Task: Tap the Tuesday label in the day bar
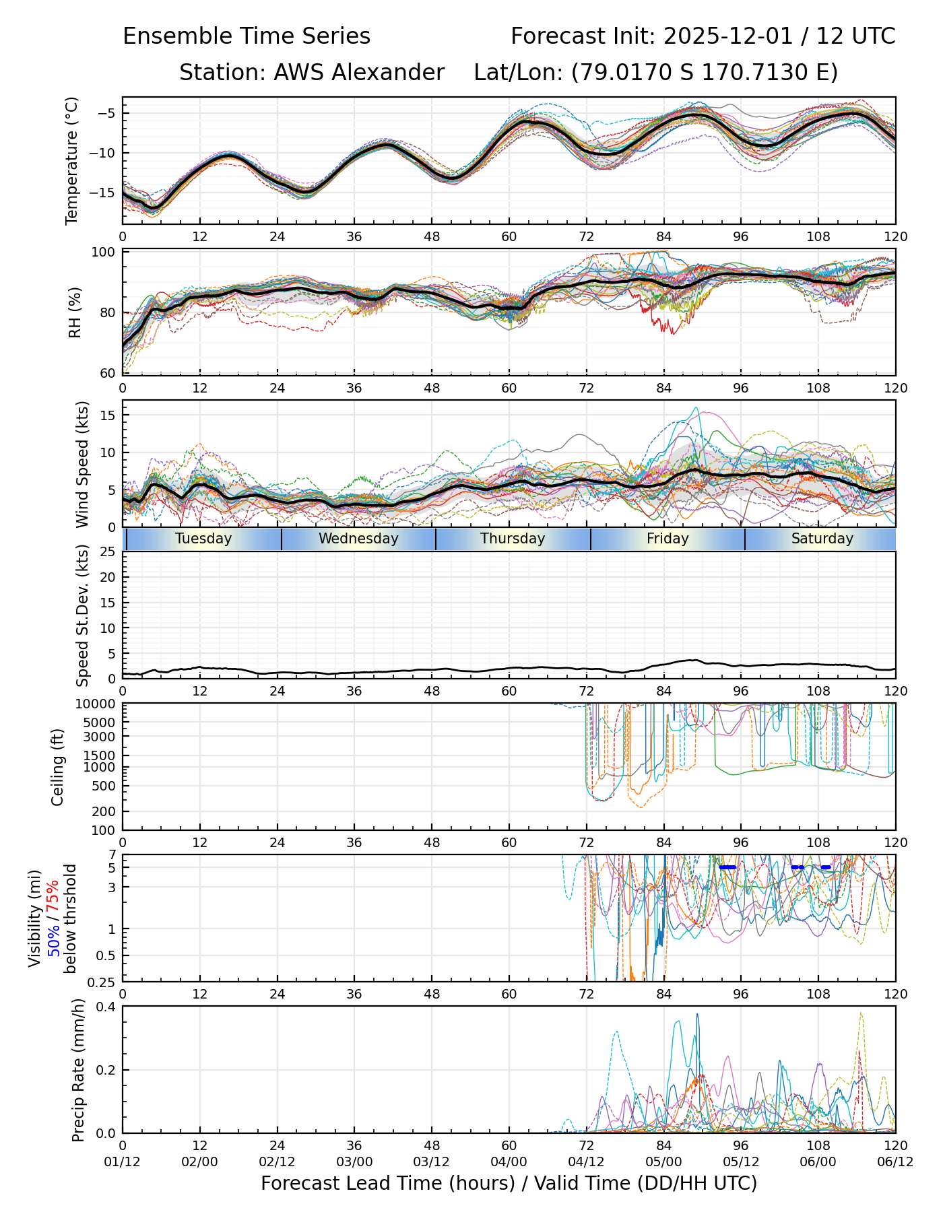click(203, 539)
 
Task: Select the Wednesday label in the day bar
click(358, 539)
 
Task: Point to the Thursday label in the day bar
click(513, 539)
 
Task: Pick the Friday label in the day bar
click(668, 539)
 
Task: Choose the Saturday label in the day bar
click(822, 539)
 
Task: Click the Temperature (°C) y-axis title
click(72, 160)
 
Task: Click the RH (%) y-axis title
click(75, 312)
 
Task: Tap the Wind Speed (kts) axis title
click(82, 464)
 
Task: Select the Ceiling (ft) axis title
click(58, 767)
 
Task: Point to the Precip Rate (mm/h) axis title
click(79, 1070)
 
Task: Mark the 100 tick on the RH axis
click(104, 252)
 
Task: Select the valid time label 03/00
click(354, 1163)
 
